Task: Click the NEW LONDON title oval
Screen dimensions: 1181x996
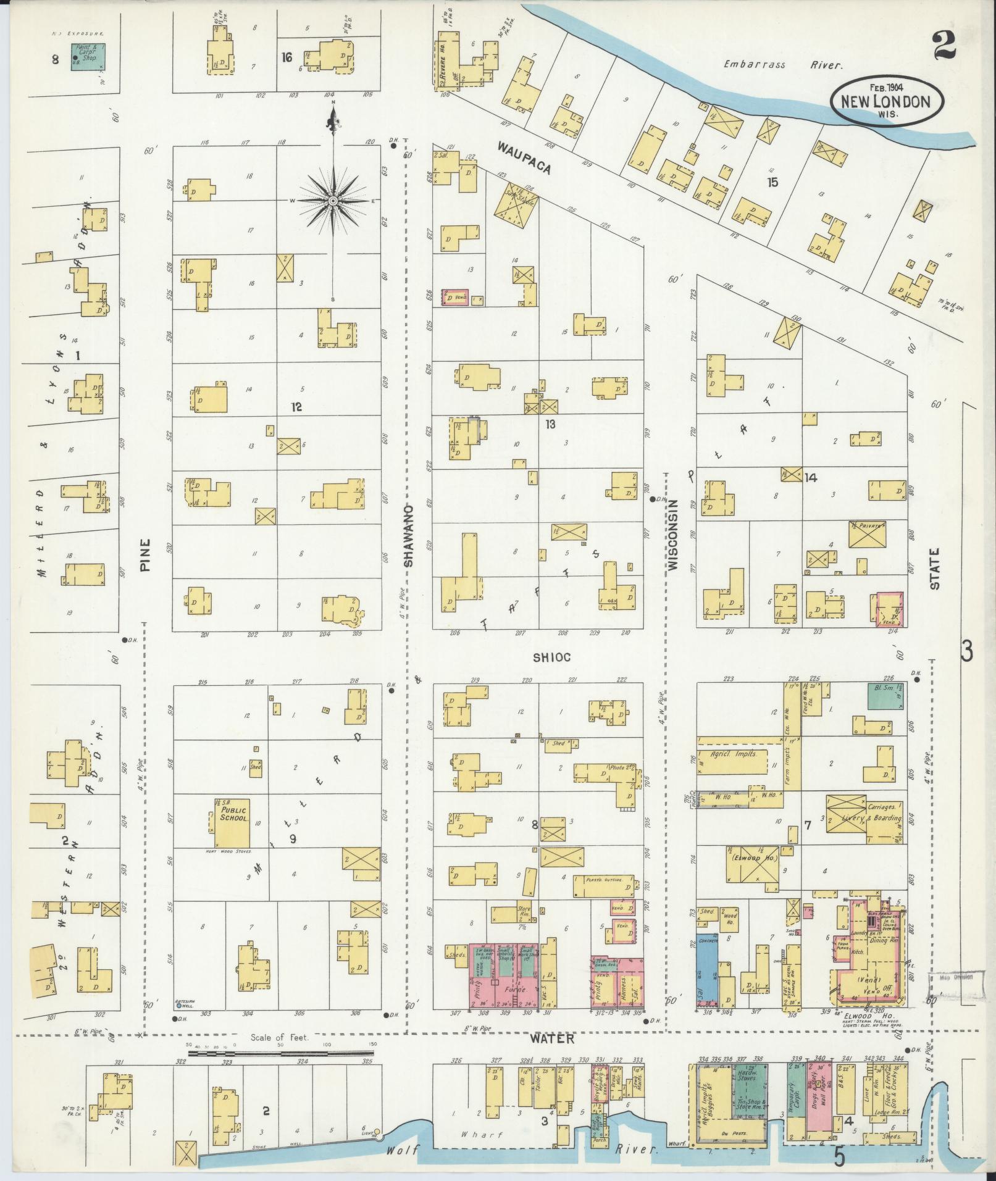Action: (887, 100)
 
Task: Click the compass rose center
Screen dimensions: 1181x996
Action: (333, 201)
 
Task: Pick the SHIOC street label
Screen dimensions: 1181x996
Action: (551, 658)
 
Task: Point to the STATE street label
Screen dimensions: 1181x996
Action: (934, 568)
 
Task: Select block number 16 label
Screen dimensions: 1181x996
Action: (286, 57)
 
